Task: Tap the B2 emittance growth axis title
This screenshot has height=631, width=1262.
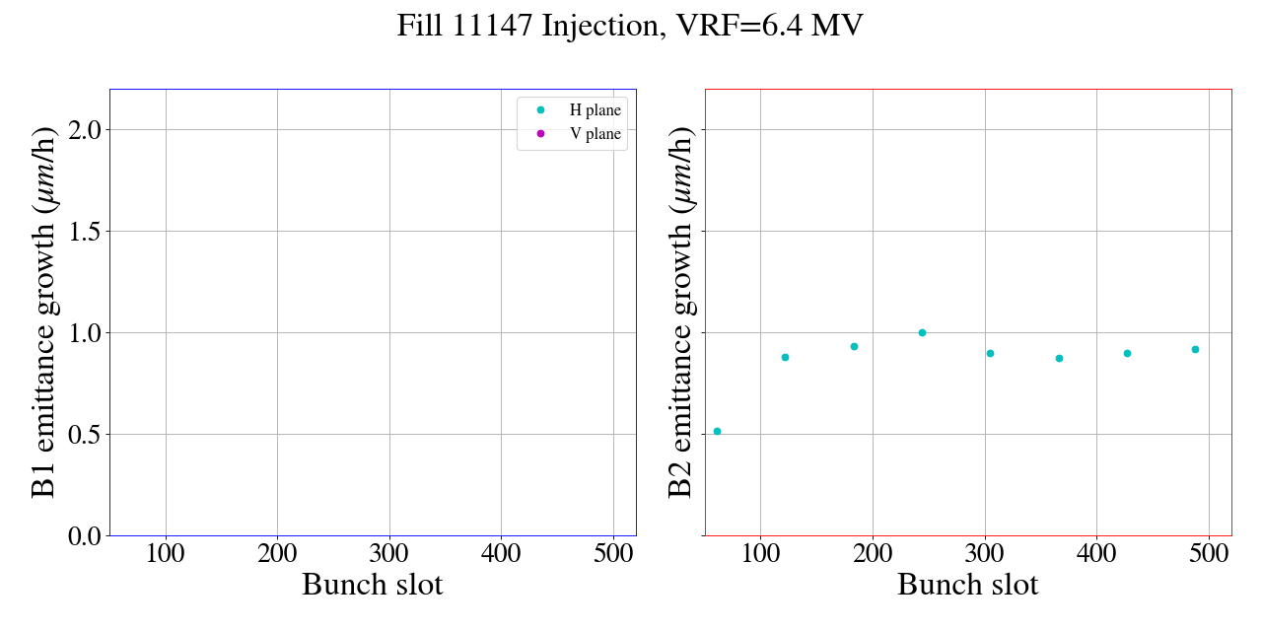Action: click(681, 312)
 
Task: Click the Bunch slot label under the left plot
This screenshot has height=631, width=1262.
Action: click(372, 585)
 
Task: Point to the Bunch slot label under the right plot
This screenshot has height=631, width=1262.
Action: click(967, 585)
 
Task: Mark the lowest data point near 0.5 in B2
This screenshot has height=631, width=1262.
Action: click(717, 431)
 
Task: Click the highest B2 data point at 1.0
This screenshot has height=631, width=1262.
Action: click(922, 332)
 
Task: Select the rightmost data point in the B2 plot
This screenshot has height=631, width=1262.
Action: click(1195, 349)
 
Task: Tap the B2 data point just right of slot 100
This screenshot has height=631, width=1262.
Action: click(785, 357)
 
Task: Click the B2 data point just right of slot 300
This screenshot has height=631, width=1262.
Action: click(990, 353)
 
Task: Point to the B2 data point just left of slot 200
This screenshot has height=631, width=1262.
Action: click(854, 346)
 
